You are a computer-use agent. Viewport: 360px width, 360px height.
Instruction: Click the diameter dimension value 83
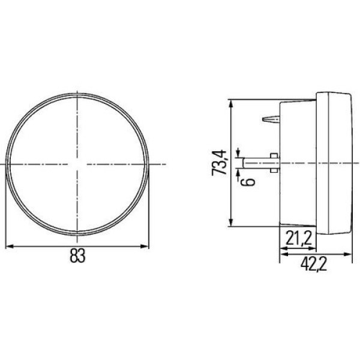click(x=77, y=256)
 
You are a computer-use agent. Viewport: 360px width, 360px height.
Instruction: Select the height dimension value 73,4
click(x=220, y=163)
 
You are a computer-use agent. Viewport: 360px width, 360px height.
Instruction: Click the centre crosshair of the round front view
click(x=77, y=164)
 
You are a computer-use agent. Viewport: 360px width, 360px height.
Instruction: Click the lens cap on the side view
click(x=336, y=163)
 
